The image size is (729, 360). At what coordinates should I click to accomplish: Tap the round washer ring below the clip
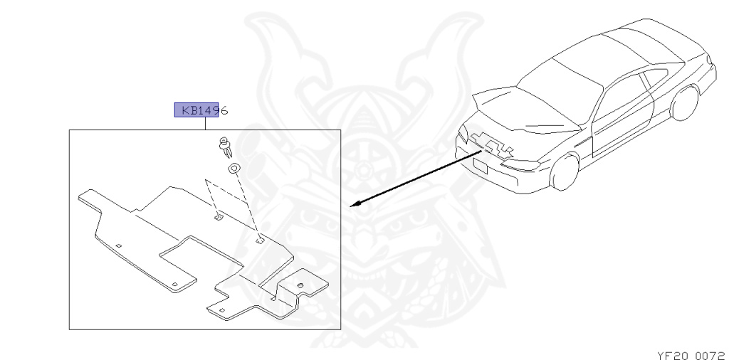click(233, 169)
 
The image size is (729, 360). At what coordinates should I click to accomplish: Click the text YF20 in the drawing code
click(668, 351)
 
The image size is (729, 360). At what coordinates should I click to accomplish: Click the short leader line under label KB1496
click(206, 124)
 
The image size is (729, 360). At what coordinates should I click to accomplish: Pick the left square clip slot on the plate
click(219, 215)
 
